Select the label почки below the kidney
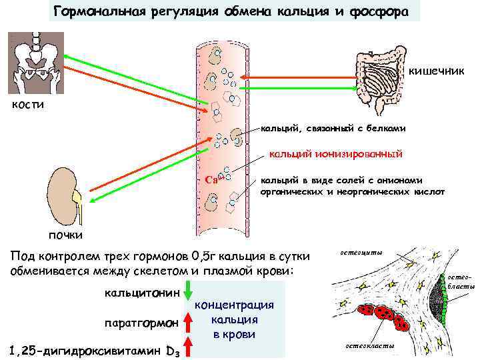[x=65, y=234]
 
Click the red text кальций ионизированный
[x=335, y=155]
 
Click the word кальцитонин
[x=142, y=293]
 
